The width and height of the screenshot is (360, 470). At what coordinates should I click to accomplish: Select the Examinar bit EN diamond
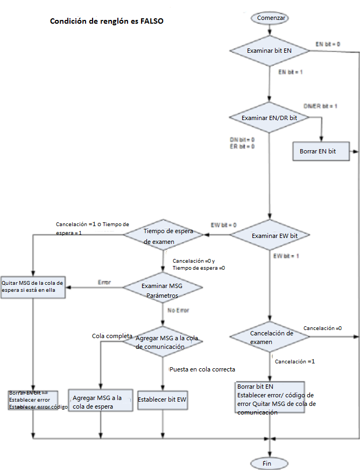(270, 51)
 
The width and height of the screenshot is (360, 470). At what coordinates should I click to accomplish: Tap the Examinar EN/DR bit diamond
(270, 117)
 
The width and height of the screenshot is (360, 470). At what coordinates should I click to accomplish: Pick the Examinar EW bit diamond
(270, 235)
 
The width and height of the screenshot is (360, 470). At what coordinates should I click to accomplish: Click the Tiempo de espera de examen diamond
(163, 235)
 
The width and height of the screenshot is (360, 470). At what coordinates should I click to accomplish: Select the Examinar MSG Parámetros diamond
(163, 290)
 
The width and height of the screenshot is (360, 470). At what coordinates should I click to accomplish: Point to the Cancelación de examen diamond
(270, 338)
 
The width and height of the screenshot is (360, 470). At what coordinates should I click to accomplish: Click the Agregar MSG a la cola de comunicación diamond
(163, 342)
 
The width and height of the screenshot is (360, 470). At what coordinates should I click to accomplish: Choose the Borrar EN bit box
(321, 151)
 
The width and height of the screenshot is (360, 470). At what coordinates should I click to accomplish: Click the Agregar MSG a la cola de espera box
(100, 402)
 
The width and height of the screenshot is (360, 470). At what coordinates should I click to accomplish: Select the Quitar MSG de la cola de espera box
(33, 286)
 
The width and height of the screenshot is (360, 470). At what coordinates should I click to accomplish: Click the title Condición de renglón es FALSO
(107, 22)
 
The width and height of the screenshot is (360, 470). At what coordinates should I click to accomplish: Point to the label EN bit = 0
(327, 43)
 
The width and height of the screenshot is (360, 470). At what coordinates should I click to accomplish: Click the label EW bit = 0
(223, 225)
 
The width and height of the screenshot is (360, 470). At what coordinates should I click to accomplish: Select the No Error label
(179, 310)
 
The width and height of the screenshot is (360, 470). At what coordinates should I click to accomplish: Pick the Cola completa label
(112, 336)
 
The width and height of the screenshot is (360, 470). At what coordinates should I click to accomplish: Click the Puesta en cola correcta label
(202, 369)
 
